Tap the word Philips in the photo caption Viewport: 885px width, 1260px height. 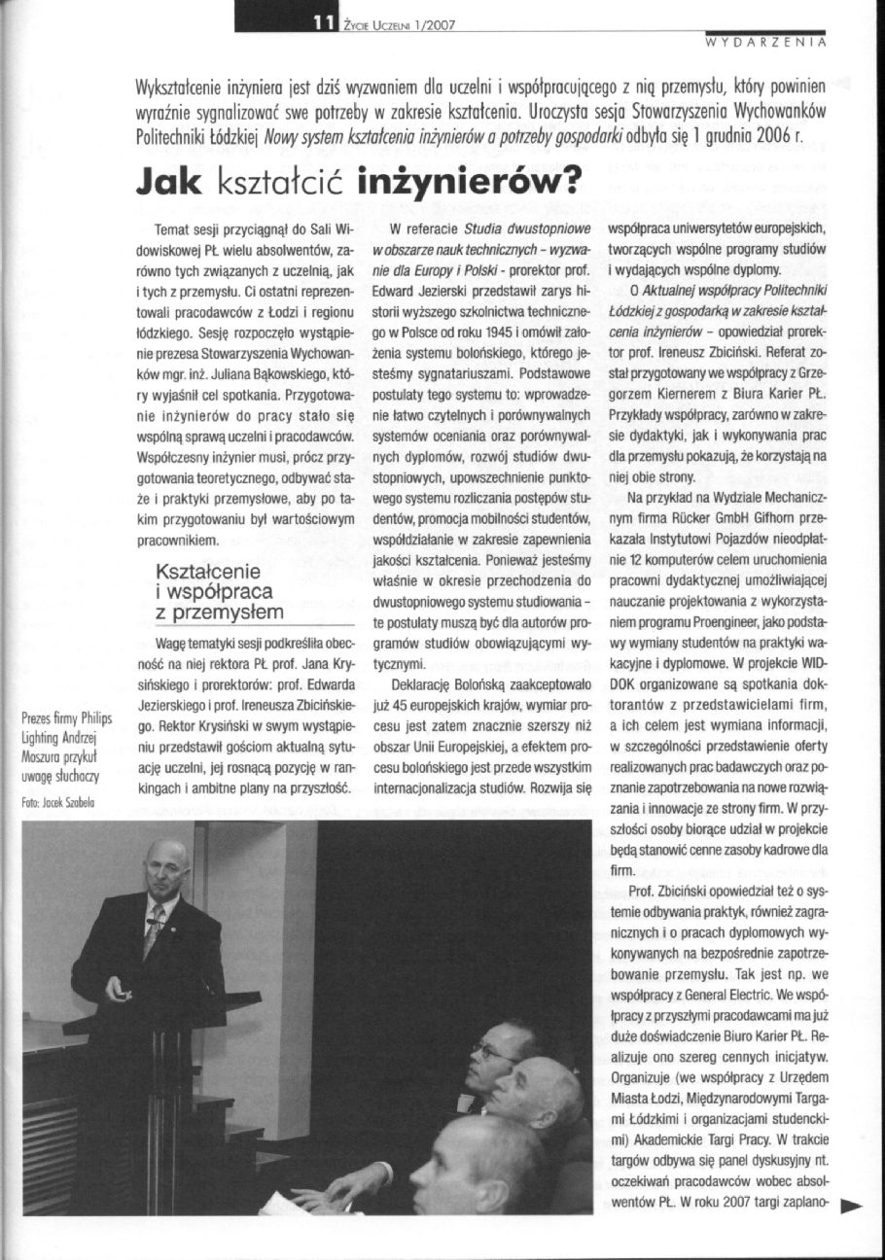click(96, 719)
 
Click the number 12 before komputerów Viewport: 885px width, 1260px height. click(633, 560)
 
